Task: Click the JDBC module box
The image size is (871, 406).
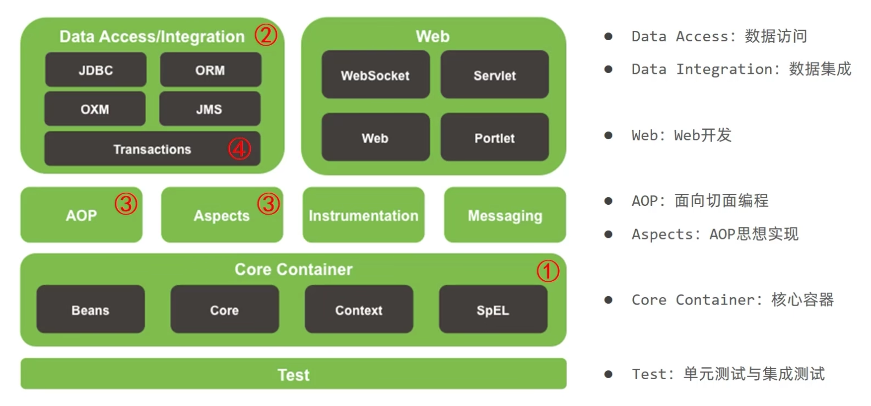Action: [x=96, y=70]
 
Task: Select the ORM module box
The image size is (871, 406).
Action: [x=210, y=70]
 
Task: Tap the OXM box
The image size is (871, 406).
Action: [x=95, y=109]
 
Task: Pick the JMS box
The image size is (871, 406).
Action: [x=209, y=109]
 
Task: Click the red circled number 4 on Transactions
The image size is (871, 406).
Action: [x=239, y=149]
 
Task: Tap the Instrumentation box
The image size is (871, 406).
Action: [x=364, y=215]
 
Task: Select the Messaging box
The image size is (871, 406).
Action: [x=505, y=215]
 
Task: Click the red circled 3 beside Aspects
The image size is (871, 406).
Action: [x=268, y=203]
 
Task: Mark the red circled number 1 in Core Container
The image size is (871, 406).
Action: [x=548, y=271]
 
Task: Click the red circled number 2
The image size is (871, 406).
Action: [x=266, y=35]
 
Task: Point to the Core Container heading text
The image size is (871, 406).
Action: [x=294, y=269]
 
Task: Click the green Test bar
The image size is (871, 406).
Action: [x=293, y=374]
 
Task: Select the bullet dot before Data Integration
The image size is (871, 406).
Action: [x=608, y=69]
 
